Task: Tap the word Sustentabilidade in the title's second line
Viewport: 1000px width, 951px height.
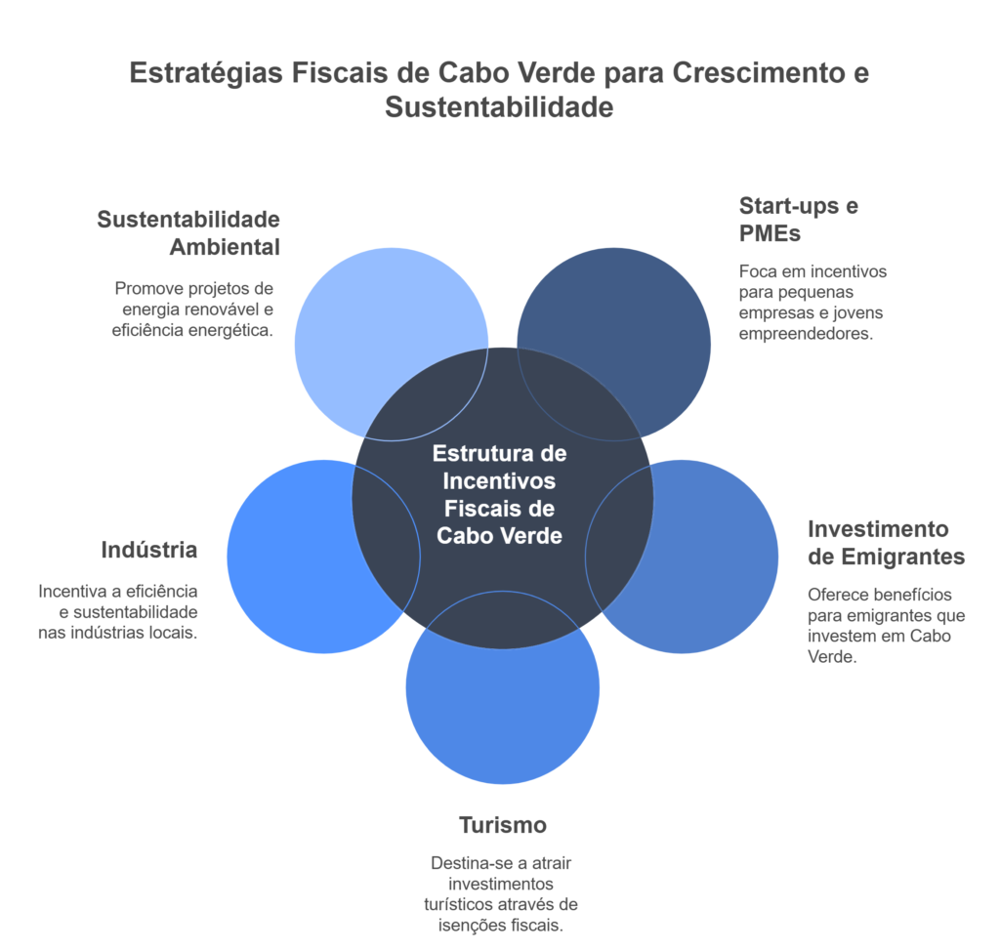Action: click(x=499, y=106)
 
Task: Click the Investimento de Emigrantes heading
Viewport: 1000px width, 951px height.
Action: click(x=886, y=543)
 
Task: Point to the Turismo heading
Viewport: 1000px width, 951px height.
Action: click(x=503, y=825)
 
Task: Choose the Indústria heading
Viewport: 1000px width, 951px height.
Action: click(x=148, y=550)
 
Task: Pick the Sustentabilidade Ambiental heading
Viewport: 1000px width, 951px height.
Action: click(x=188, y=232)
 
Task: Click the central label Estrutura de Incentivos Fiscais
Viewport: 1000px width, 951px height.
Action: click(x=499, y=494)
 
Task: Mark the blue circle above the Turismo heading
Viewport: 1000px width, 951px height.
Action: click(x=502, y=713)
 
